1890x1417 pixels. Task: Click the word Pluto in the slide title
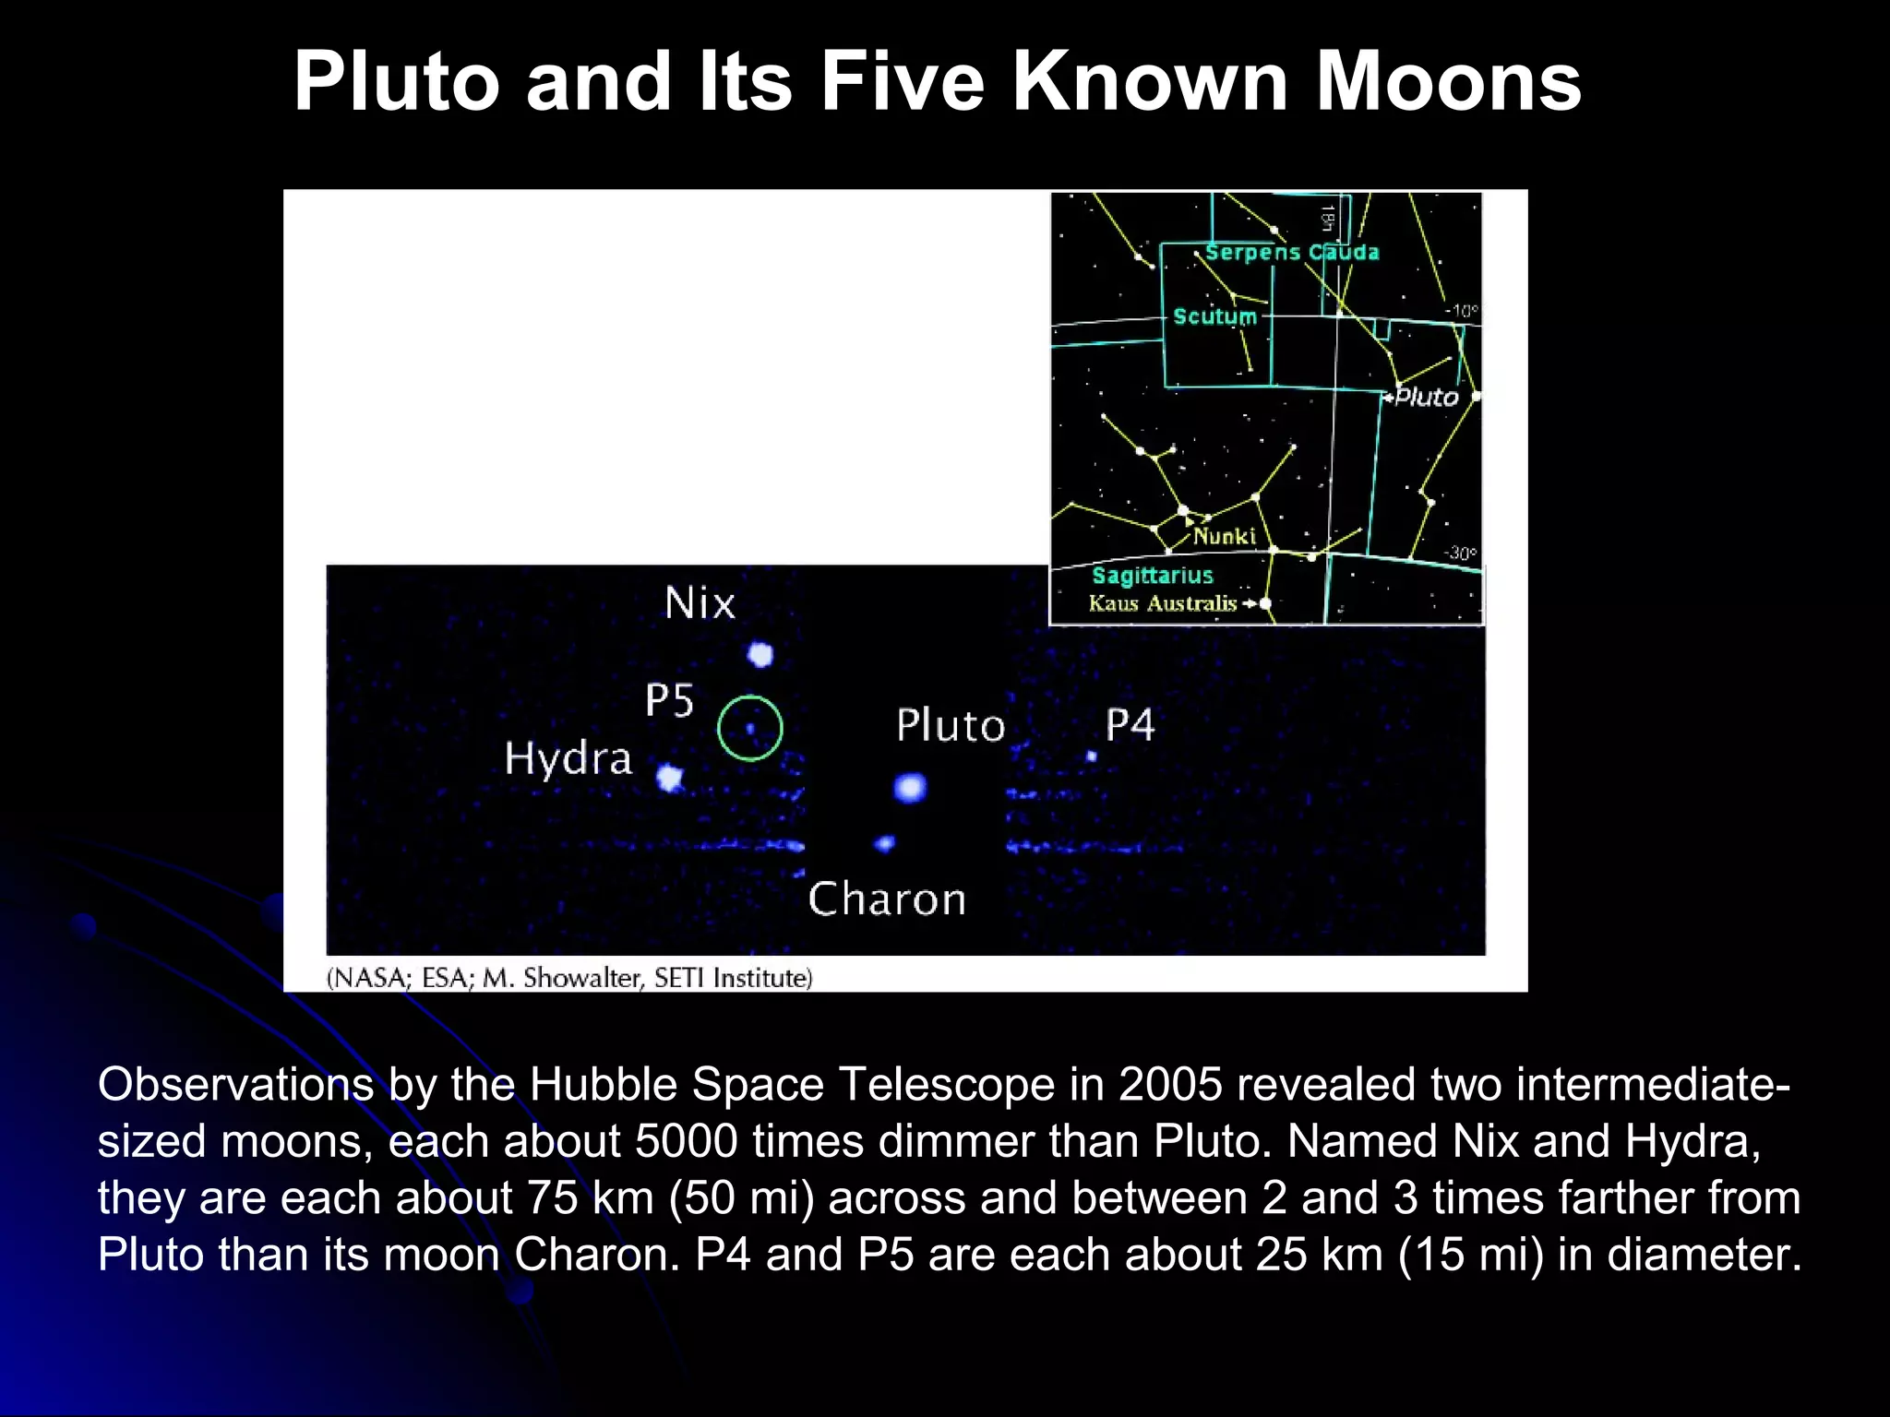[397, 83]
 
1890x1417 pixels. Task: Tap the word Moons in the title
[1448, 83]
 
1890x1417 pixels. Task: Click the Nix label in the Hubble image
[700, 603]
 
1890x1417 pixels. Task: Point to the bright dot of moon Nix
[760, 655]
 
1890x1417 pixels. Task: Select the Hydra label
[568, 759]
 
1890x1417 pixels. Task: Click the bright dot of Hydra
[670, 779]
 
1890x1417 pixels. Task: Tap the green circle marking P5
[750, 728]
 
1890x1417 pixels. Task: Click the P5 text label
[669, 700]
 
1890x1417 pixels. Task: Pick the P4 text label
[1130, 725]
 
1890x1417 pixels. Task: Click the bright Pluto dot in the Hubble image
[910, 788]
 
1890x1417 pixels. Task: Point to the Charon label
[887, 899]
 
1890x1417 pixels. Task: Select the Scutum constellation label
[1214, 316]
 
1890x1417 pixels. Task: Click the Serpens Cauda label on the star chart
[1292, 252]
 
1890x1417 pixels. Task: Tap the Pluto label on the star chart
[1427, 397]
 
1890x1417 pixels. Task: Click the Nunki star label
[1225, 536]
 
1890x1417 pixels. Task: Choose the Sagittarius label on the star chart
[1153, 576]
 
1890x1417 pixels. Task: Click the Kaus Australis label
[1163, 603]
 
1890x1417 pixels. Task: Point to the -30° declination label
[1460, 554]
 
